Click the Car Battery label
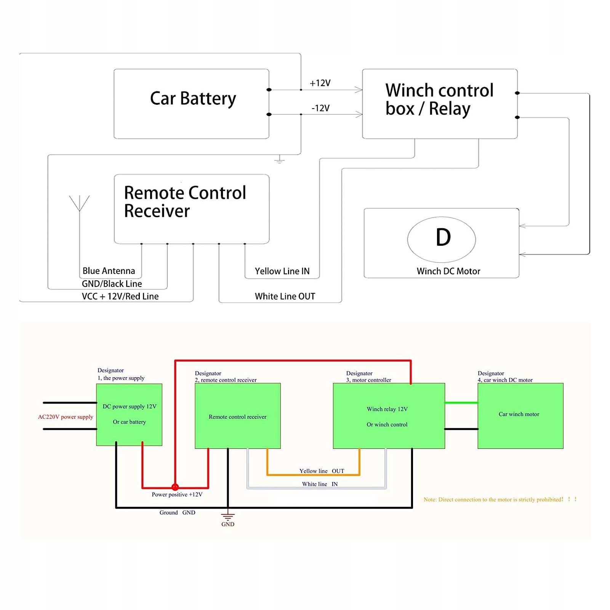tap(193, 99)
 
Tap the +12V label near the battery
tap(320, 83)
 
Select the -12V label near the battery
tap(320, 108)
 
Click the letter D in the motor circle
tap(443, 237)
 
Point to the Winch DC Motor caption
tap(448, 271)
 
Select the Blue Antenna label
tap(109, 271)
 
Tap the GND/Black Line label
tap(112, 284)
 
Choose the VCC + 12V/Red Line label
tap(120, 296)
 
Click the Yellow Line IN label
tap(282, 271)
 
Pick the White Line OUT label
tap(285, 296)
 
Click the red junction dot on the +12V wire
tap(175, 487)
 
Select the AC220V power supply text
tap(66, 417)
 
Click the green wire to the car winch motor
tap(461, 403)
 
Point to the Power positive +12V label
tap(177, 495)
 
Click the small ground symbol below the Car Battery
tap(279, 160)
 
